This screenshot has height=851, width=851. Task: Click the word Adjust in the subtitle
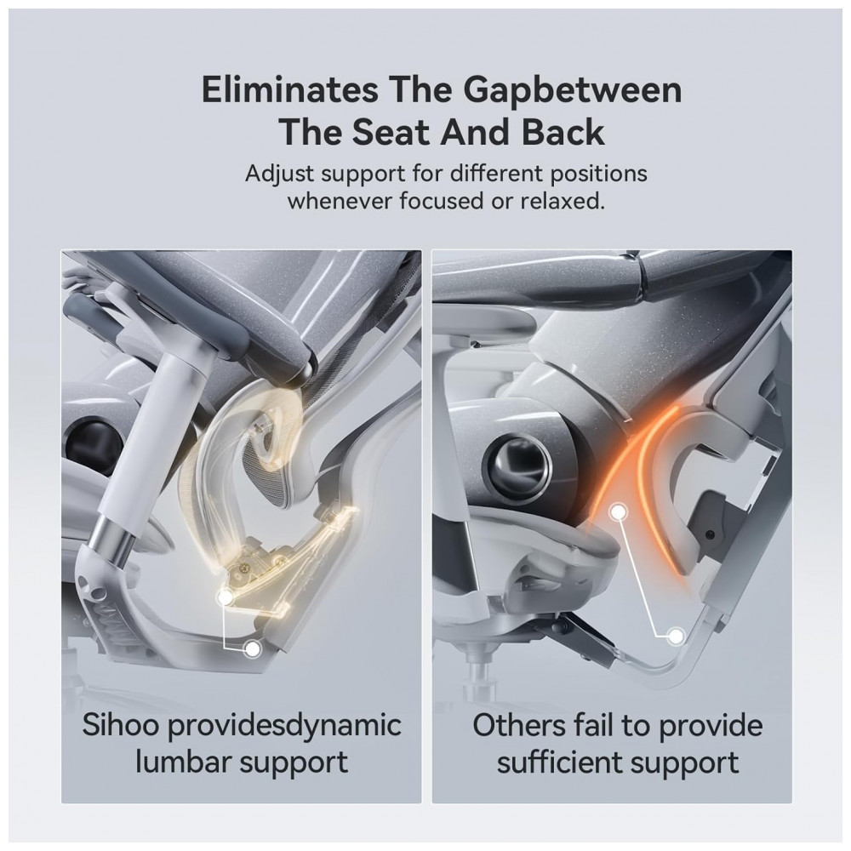coord(279,174)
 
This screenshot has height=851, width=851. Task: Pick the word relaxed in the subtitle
coord(563,201)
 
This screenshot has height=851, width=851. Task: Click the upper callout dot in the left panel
coord(224,597)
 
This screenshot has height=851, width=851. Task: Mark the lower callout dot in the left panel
coord(252,648)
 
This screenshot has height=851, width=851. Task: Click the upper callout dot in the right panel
coord(619,511)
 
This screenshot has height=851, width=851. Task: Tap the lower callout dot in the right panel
coord(676,636)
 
